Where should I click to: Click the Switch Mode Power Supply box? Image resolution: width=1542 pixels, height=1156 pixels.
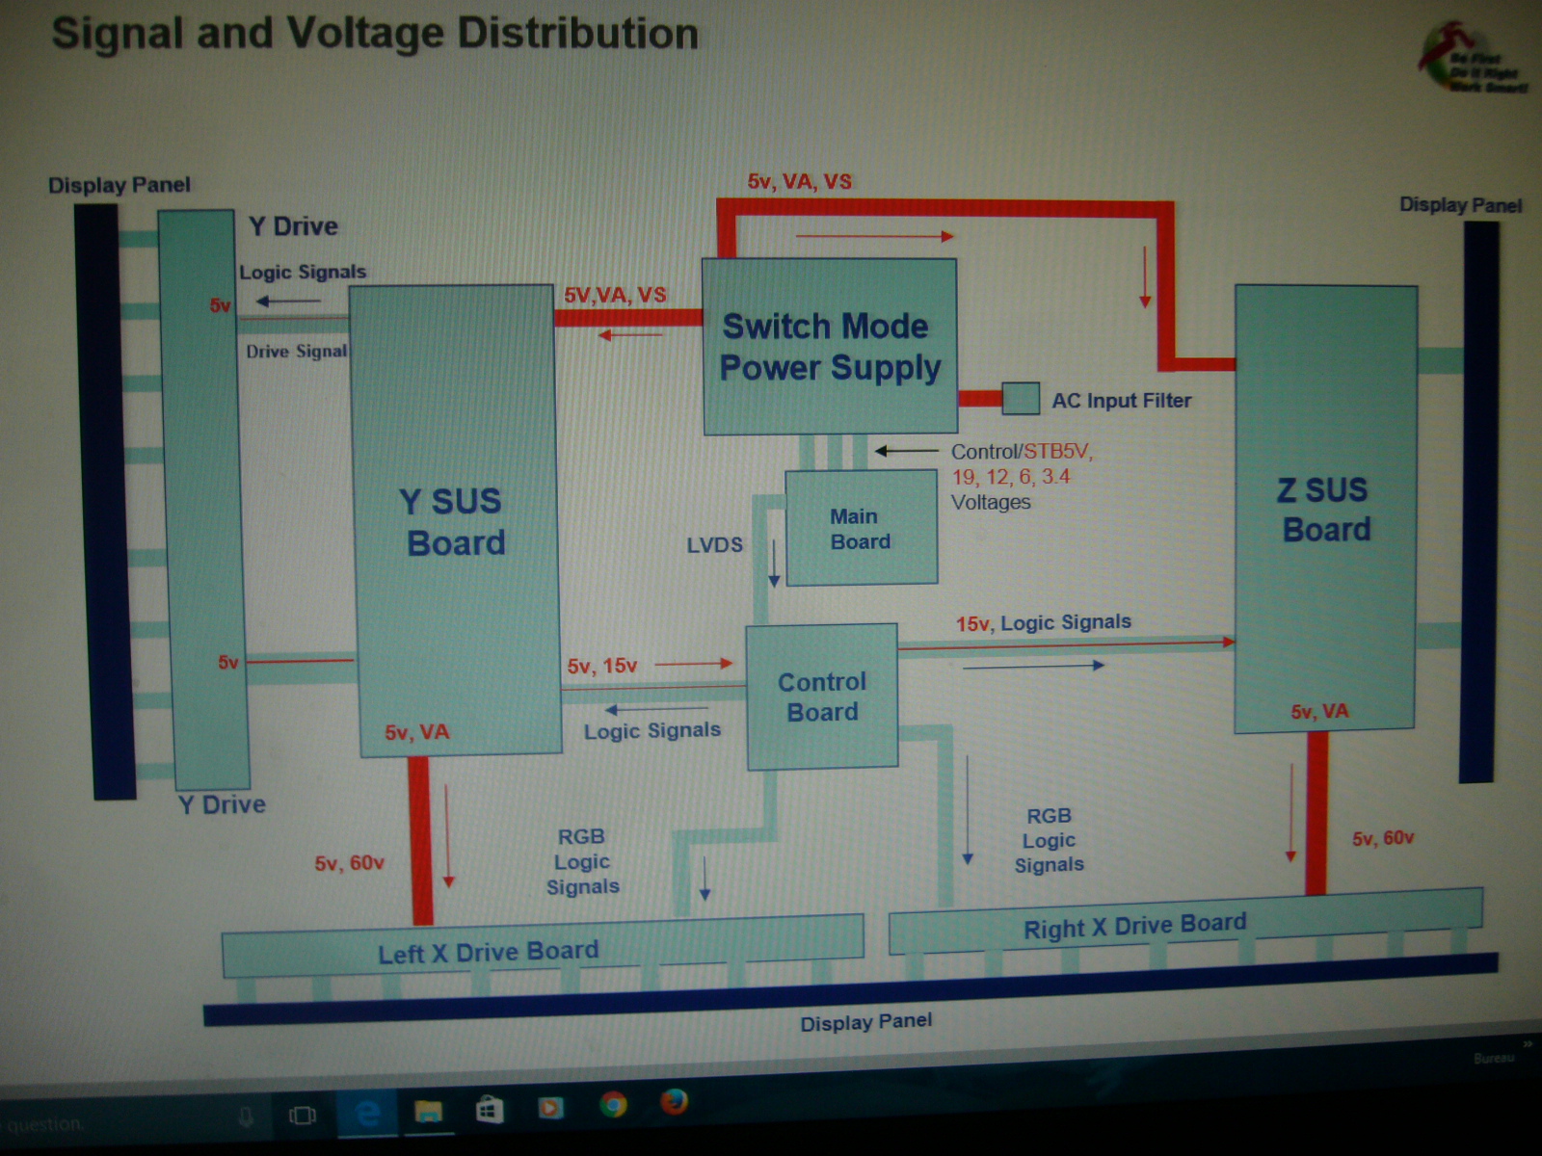[x=829, y=347]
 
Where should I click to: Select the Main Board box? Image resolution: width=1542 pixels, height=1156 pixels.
[x=861, y=529]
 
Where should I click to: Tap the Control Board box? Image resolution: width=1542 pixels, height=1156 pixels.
[x=822, y=696]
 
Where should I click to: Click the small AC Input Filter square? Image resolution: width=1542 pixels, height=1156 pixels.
[x=1021, y=398]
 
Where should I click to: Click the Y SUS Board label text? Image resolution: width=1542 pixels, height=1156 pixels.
[x=454, y=521]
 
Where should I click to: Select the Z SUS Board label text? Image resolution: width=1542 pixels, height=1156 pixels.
[x=1325, y=510]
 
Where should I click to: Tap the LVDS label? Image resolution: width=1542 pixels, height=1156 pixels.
[x=714, y=545]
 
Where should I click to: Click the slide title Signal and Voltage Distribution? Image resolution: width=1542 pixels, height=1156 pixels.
[x=375, y=34]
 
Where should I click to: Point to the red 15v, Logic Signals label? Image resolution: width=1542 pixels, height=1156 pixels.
[x=1044, y=623]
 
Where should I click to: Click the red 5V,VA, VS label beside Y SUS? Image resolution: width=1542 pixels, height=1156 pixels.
[x=615, y=295]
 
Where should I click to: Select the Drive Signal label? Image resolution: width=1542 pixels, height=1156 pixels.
[x=296, y=352]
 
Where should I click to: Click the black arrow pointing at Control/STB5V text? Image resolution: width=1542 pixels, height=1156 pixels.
[x=906, y=451]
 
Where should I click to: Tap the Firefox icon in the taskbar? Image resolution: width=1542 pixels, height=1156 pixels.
[x=674, y=1100]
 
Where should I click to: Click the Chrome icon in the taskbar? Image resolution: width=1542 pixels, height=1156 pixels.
[x=613, y=1104]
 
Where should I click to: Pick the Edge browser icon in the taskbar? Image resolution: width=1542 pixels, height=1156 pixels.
[x=367, y=1114]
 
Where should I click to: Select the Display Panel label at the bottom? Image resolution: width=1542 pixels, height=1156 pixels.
[x=865, y=1022]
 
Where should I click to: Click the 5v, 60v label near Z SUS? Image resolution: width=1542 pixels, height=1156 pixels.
[x=1383, y=838]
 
